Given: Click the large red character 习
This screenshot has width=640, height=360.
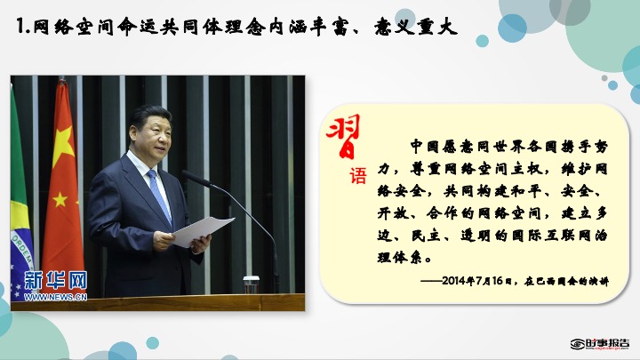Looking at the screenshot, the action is pos(344,136).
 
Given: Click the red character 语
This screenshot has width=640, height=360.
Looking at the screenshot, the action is pos(357,175).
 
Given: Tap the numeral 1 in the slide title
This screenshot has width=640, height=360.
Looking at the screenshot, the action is pos(20,27).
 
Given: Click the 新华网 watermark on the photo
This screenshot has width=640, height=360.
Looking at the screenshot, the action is pos(55,280).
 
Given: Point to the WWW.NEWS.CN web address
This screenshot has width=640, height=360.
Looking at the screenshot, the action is pos(55,297).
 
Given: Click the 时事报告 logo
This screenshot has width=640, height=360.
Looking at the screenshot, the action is pos(600,344).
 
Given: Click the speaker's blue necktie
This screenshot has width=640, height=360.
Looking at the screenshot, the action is pos(160,196).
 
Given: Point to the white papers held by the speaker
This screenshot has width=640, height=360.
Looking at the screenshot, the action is pos(203,230).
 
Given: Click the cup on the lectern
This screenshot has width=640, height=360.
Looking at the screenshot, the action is pos(251,284).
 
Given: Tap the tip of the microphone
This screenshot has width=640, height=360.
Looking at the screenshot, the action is pos(185,173).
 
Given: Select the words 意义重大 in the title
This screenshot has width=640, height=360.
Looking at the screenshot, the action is pos(415,27).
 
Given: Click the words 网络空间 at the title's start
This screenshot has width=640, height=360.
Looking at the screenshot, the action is pos(73,27).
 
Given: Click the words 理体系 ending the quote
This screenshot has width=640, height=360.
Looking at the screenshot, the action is pos(399,257).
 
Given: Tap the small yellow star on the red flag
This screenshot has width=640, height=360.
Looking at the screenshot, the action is pos(60,199).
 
